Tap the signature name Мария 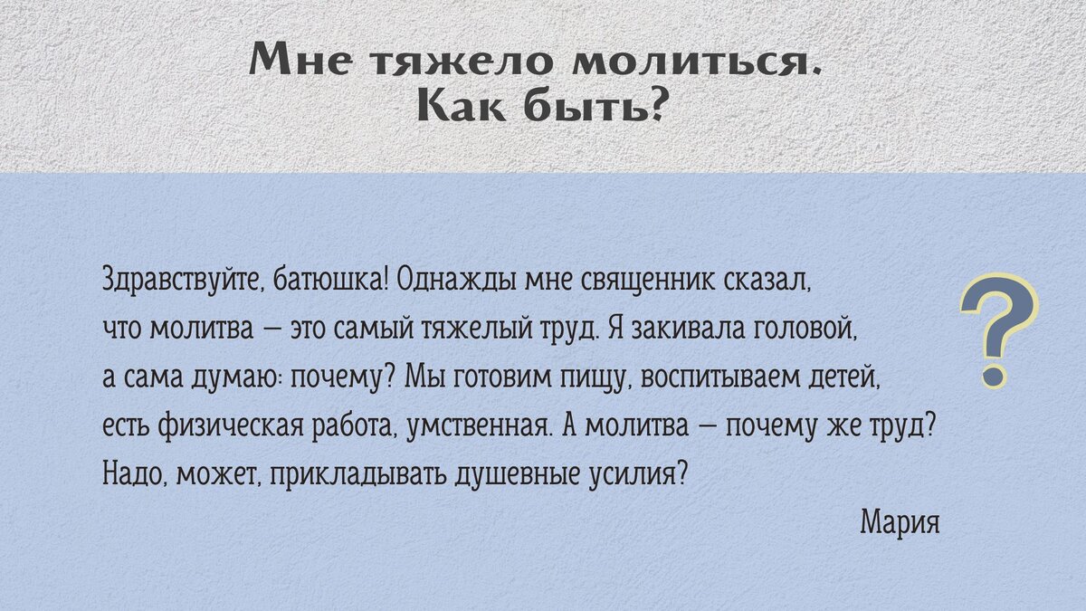[900, 522]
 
